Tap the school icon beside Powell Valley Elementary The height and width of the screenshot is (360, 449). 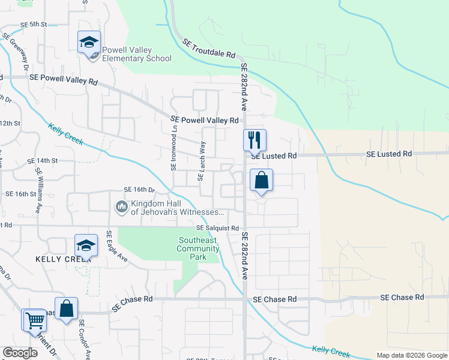pyautogui.click(x=89, y=43)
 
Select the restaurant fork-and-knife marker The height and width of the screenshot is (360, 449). pyautogui.click(x=255, y=140)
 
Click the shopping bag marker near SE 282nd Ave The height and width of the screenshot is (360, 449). pyautogui.click(x=261, y=180)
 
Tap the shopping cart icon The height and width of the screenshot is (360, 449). pyautogui.click(x=34, y=320)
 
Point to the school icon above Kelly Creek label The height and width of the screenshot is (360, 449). pyautogui.click(x=86, y=245)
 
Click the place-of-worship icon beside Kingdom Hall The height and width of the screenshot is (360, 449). pyautogui.click(x=121, y=208)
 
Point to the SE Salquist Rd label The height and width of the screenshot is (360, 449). pyautogui.click(x=217, y=229)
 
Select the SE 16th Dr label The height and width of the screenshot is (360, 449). pyautogui.click(x=139, y=190)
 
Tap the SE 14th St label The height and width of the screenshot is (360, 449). pyautogui.click(x=42, y=161)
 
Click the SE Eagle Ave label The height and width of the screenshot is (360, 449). pyautogui.click(x=118, y=246)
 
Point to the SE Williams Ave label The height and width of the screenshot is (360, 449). pyautogui.click(x=39, y=191)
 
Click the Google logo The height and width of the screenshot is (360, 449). pyautogui.click(x=20, y=353)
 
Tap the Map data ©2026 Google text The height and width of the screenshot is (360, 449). pyautogui.click(x=411, y=355)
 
